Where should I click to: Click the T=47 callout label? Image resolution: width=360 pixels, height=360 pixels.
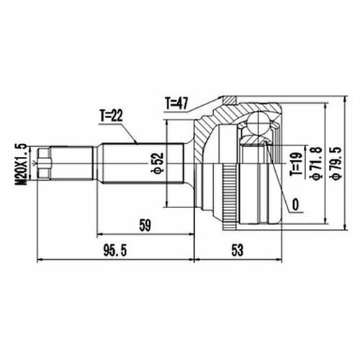[x=177, y=103]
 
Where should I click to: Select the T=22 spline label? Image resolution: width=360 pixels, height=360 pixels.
[x=112, y=115]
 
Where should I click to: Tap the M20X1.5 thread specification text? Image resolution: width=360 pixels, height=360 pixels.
[x=22, y=164]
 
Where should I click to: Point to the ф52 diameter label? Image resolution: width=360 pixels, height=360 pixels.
[x=157, y=163]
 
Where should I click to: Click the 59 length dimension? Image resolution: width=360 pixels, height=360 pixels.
[x=145, y=225]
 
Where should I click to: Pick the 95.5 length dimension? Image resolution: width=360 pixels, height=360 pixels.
[x=115, y=251]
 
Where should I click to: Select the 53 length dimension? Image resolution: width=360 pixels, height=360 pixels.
[x=237, y=251]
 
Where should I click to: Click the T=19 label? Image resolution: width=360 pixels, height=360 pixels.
[x=296, y=164]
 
